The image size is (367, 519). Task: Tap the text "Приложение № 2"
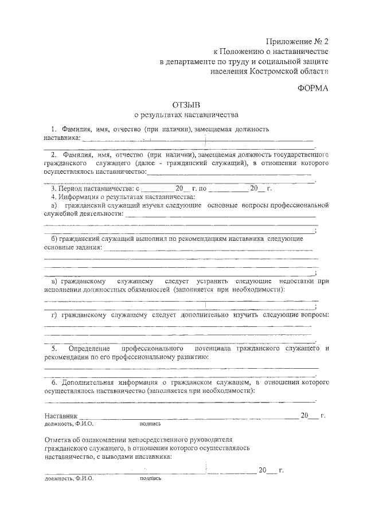(298, 41)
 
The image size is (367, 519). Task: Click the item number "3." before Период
(54, 189)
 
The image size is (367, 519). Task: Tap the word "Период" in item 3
(72, 189)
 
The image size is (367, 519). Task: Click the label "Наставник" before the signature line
(60, 415)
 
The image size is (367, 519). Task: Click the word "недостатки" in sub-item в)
(298, 282)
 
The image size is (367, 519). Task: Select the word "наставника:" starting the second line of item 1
(62, 138)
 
